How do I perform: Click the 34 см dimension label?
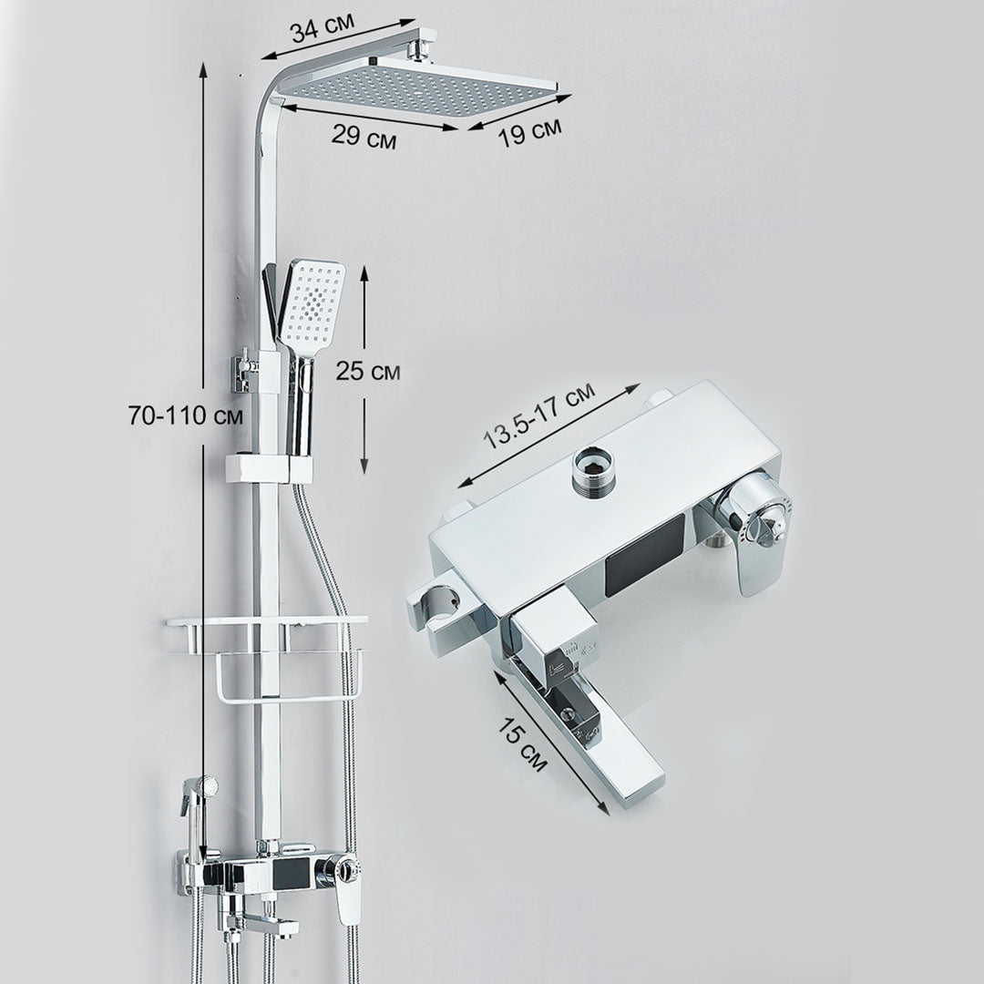pyautogui.click(x=323, y=28)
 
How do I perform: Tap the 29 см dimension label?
pyautogui.click(x=364, y=136)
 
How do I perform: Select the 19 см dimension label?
pyautogui.click(x=529, y=132)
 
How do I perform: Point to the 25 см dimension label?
pyautogui.click(x=368, y=371)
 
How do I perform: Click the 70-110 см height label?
pyautogui.click(x=186, y=415)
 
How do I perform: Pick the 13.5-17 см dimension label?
pyautogui.click(x=539, y=417)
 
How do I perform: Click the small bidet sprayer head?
pyautogui.click(x=205, y=785)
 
